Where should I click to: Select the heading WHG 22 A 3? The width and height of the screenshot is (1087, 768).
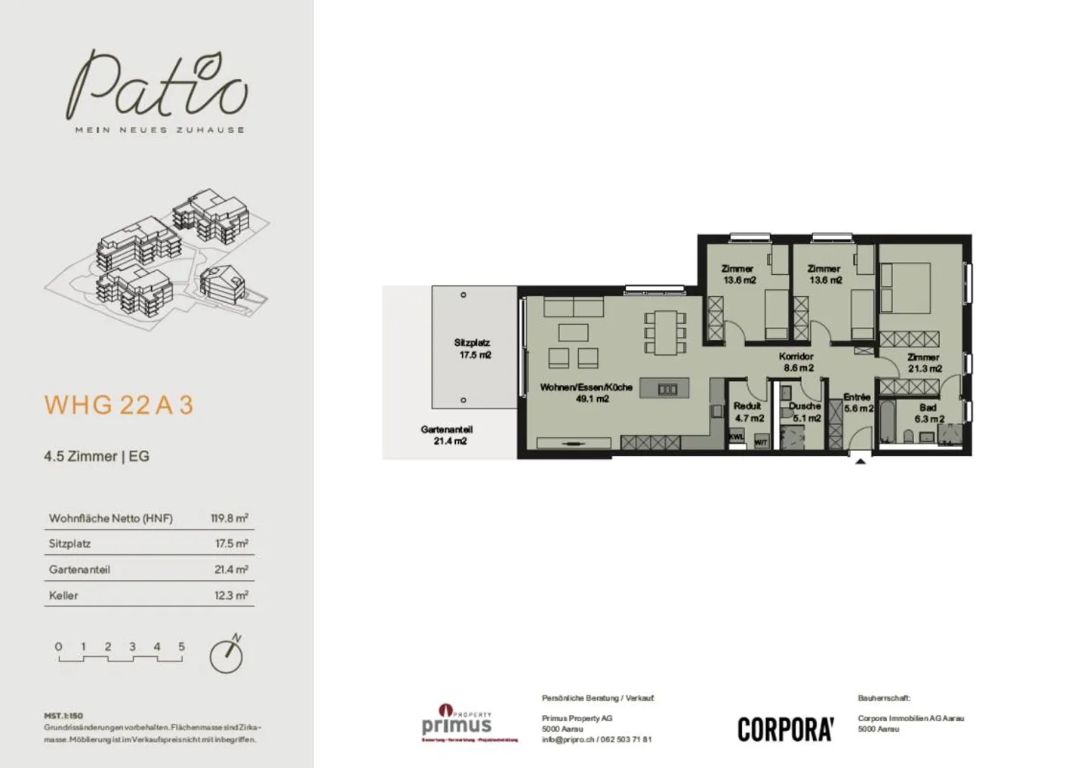tap(119, 406)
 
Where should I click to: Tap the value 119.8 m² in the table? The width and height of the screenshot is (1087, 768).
tap(229, 518)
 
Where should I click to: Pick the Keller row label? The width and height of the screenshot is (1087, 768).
tap(63, 595)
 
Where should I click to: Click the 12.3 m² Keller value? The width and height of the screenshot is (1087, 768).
tap(230, 595)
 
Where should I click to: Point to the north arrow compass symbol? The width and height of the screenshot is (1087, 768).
tap(226, 655)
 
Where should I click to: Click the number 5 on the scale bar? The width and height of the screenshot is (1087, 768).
tap(181, 646)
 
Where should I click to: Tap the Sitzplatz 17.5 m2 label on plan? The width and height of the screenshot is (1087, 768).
tap(473, 349)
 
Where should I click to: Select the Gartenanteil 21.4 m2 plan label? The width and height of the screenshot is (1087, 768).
tap(448, 435)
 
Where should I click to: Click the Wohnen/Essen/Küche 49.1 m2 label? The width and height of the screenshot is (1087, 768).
tap(587, 393)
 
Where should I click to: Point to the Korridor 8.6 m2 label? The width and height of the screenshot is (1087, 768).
tap(797, 362)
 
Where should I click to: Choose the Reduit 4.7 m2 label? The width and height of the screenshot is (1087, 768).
tap(748, 412)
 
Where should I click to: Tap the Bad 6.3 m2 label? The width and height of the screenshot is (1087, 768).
tap(928, 413)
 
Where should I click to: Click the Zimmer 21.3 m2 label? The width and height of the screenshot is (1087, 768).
tap(924, 362)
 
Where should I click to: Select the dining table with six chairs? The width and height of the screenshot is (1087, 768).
tap(665, 332)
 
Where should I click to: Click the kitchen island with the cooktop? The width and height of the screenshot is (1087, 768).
tap(664, 389)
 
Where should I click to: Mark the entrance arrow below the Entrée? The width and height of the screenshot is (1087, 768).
tap(860, 460)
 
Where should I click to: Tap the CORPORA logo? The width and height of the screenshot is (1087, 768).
tap(785, 729)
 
